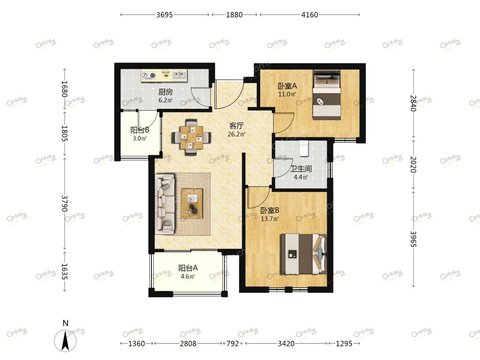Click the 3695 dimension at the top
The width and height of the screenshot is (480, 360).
coord(165,15)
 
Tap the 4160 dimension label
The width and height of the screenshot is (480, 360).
coord(309,15)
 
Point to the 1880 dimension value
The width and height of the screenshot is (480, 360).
coord(234,15)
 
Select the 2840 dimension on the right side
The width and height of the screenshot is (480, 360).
coord(413,103)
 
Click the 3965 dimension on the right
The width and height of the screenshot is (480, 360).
coord(413,239)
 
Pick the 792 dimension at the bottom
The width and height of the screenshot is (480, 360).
coord(232,344)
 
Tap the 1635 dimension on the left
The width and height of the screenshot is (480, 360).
coord(64,271)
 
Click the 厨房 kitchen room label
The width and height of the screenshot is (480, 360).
coord(165,92)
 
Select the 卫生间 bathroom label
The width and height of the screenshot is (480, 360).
coord(301,169)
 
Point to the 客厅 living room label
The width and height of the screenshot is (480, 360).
coord(237,126)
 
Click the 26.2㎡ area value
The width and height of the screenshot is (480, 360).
coord(237,134)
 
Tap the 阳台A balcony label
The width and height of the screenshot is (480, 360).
coord(188,268)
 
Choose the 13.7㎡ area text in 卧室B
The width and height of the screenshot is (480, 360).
coord(270,219)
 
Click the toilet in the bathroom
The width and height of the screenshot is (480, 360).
coord(304,148)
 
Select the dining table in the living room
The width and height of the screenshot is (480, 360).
coord(192,137)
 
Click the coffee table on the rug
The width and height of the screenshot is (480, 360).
coord(192,201)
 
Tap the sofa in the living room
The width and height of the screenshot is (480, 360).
coord(165,204)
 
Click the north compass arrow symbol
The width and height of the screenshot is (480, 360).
coord(65,340)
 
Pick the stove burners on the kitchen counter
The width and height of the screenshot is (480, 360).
coord(149,75)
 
